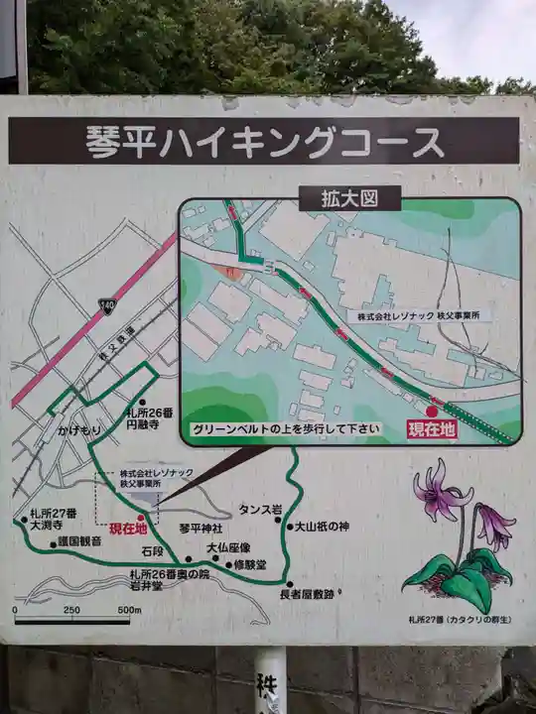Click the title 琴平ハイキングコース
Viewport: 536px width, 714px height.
click(264, 141)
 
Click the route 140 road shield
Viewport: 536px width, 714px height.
click(105, 307)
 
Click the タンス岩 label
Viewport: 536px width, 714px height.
click(260, 510)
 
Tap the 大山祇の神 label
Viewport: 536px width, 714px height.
click(319, 527)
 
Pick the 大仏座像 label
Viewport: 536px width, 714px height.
click(228, 547)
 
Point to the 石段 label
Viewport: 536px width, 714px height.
click(152, 550)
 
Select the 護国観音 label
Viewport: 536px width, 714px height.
click(78, 541)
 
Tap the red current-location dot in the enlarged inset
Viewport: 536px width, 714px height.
click(432, 412)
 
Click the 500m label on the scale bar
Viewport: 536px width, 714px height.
click(116, 610)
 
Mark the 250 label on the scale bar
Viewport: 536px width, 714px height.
click(71, 610)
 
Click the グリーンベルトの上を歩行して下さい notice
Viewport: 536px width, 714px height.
click(286, 429)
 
